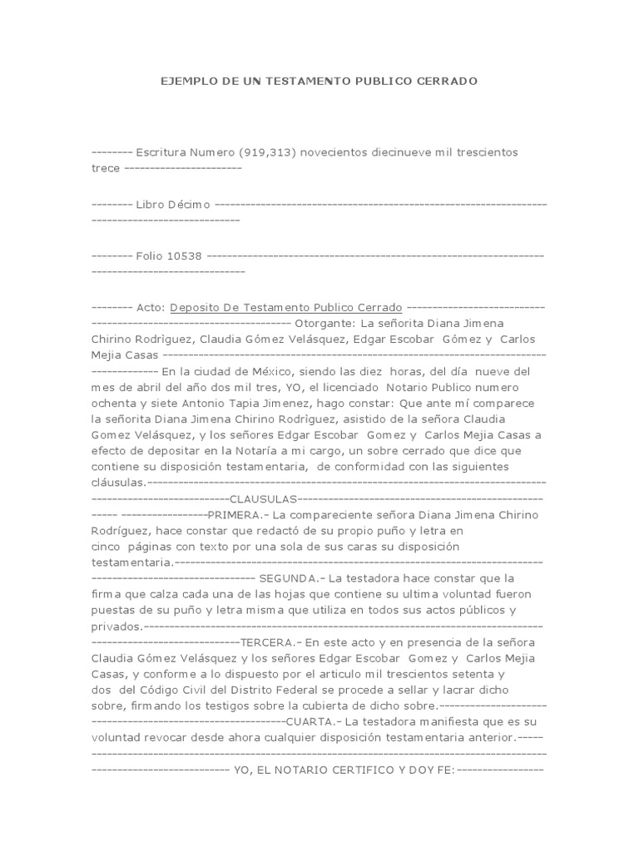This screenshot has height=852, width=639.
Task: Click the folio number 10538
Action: (x=184, y=255)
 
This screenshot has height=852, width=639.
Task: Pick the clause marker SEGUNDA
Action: (x=288, y=577)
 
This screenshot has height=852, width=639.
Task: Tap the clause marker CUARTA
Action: (x=310, y=721)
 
